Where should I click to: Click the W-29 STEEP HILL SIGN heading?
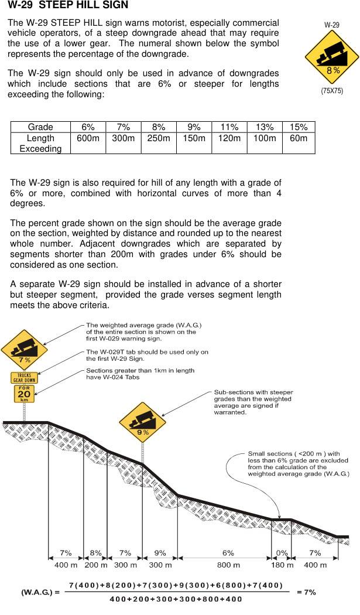pos(68,6)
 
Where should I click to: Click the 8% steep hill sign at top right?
pos(332,57)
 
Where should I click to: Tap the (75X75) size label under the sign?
pos(332,91)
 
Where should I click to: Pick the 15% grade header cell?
pos(299,127)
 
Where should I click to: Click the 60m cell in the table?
pos(299,139)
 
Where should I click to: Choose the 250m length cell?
pos(159,139)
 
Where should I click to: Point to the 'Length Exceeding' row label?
pos(40,143)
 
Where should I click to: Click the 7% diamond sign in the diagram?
pos(24,350)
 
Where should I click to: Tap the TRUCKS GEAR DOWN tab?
pos(24,377)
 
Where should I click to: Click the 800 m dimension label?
pos(228,565)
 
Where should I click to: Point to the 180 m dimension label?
pos(282,565)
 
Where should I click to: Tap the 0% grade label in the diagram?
pos(282,553)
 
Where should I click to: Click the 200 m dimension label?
pos(96,565)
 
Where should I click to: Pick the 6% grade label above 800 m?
pos(228,553)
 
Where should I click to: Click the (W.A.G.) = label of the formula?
pos(41,592)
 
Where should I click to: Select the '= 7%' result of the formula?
pos(307,592)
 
